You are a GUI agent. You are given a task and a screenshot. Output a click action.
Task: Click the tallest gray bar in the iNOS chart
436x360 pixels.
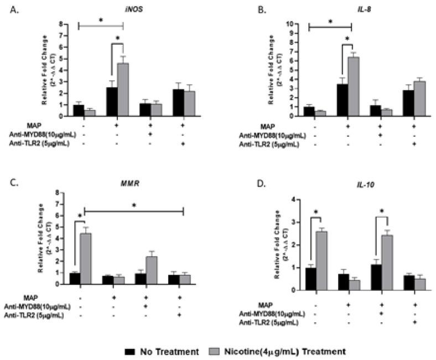[122, 88]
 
